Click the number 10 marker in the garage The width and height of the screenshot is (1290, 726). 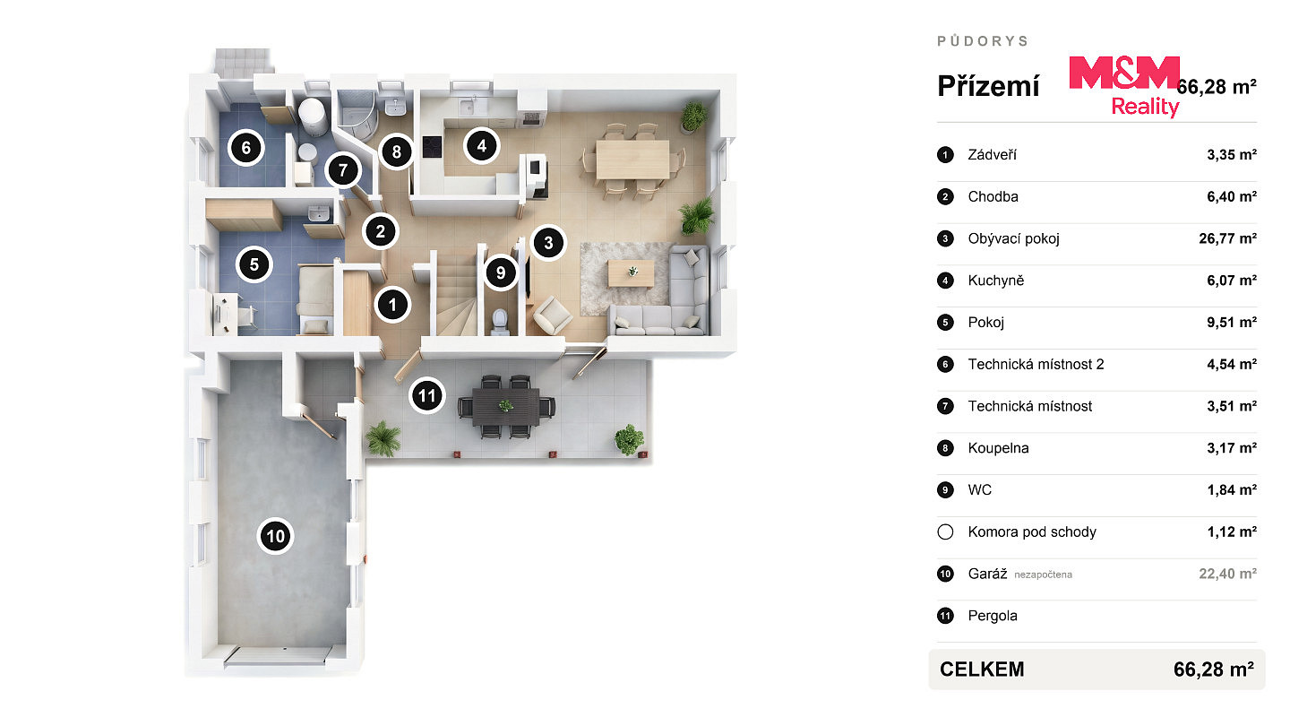275,536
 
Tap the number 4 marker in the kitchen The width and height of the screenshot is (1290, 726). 481,146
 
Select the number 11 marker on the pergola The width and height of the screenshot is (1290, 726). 426,395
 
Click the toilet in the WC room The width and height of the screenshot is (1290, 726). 499,322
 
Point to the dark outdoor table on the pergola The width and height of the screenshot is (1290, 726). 505,406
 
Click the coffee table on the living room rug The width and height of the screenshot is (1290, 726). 632,273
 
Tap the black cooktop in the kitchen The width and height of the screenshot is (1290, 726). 432,147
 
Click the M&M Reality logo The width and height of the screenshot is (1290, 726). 1124,86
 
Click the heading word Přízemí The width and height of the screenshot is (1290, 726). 988,86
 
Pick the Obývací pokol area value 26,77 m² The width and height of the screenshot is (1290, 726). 1227,238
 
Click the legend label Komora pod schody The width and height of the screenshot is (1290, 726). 1032,532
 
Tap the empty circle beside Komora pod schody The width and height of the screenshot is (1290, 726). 945,532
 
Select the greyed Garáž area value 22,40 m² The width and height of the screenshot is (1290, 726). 1227,574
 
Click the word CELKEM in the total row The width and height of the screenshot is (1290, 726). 982,669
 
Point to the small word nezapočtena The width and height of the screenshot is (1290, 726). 1043,575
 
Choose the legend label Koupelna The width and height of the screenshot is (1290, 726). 998,448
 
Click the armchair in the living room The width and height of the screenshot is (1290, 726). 552,315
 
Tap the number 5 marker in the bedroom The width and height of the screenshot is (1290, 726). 254,264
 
